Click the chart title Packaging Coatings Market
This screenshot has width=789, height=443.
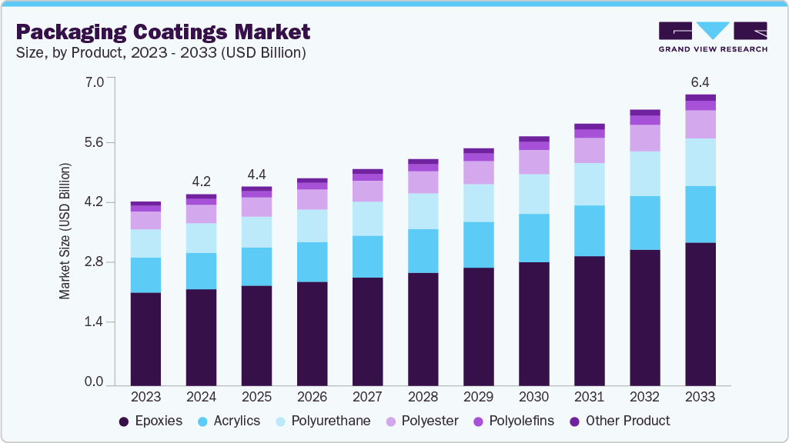tap(163, 32)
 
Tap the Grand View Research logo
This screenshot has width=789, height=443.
tap(712, 36)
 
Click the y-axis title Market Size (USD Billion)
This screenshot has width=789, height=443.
tap(65, 231)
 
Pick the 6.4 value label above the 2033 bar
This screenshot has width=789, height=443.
tap(700, 82)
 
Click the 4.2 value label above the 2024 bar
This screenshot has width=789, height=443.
tap(202, 182)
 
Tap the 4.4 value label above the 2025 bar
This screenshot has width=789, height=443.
tap(256, 174)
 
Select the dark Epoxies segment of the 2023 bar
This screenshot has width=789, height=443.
tap(145, 338)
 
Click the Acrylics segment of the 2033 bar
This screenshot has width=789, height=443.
tap(700, 214)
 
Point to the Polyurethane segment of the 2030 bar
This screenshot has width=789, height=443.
tap(534, 194)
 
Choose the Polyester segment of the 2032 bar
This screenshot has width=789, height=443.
tap(645, 138)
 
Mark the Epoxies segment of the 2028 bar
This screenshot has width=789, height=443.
tap(423, 328)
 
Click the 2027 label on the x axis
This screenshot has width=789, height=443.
tap(367, 397)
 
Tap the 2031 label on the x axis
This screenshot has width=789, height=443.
tap(590, 397)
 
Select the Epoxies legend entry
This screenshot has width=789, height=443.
tap(151, 421)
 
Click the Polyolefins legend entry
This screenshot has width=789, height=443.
tap(515, 421)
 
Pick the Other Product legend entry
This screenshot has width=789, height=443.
tap(620, 421)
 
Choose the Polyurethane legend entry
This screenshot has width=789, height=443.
tap(324, 421)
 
